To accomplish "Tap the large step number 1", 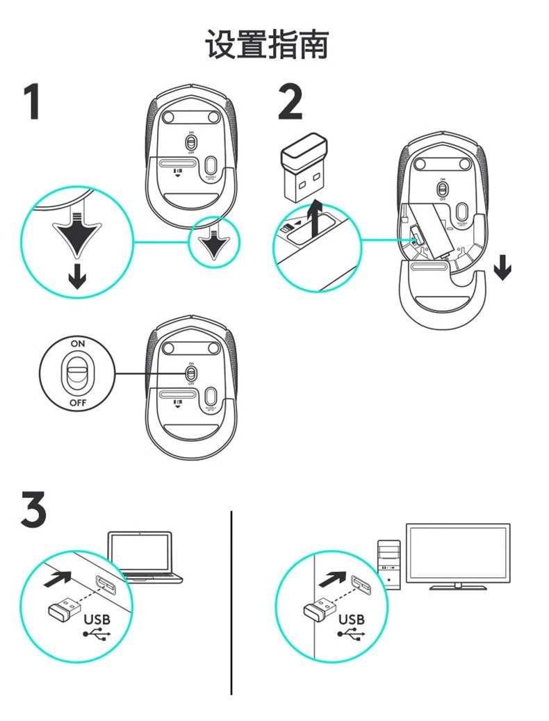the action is click(31, 102).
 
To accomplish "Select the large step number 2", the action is click(290, 102).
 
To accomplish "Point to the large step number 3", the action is click(33, 510).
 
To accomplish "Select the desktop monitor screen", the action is click(458, 554).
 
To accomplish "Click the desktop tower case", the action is click(389, 563).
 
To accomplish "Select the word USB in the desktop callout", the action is click(351, 619).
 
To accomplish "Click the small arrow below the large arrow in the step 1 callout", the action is click(77, 278).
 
